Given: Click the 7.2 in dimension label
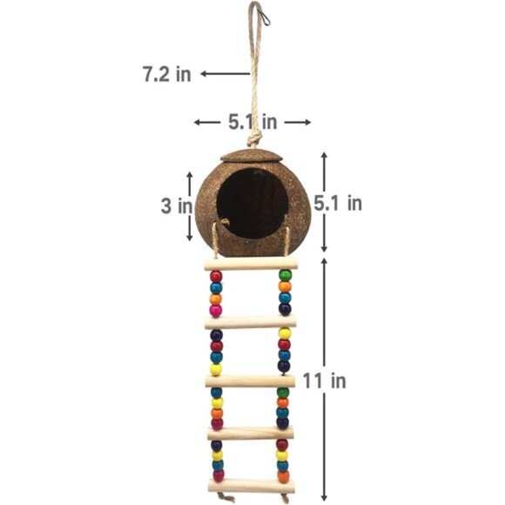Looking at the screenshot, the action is point(167,74).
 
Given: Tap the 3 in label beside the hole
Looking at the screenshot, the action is point(177,205).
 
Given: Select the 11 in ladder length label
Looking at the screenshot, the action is point(324,380).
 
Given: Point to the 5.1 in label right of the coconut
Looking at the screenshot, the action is point(338,203).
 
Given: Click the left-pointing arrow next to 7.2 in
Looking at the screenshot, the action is point(226,74).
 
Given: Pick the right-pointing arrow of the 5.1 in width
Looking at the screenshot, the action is point(298,122).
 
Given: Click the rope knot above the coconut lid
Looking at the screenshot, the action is point(254,140).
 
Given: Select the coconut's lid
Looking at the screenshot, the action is point(252,156).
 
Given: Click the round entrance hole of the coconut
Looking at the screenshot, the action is point(252,203).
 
